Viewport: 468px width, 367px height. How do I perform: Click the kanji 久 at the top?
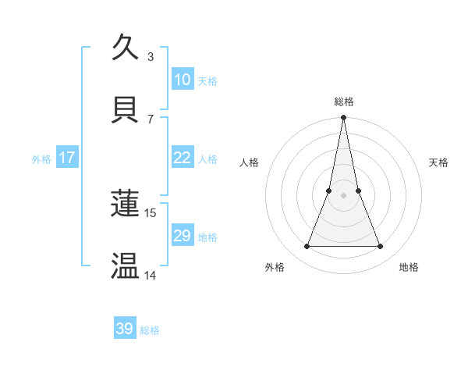[x=126, y=48]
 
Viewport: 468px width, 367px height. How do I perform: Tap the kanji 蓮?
[x=126, y=204]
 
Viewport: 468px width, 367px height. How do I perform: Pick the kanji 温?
[x=126, y=265]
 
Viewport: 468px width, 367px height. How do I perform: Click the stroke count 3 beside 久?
[x=151, y=56]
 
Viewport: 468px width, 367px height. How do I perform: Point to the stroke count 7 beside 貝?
[x=151, y=119]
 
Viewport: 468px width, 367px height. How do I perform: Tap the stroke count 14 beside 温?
[x=151, y=275]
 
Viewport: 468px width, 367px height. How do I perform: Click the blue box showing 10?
[x=182, y=80]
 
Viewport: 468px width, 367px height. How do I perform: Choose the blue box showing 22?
[x=182, y=158]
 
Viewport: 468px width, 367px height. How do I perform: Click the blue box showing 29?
[x=182, y=236]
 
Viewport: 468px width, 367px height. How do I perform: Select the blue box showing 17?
[x=66, y=158]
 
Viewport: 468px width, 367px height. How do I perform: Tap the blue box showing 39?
[x=125, y=329]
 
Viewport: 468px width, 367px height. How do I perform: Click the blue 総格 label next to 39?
[x=151, y=330]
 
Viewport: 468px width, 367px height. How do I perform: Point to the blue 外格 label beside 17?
[x=41, y=159]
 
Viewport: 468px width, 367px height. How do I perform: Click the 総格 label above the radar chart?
[x=343, y=102]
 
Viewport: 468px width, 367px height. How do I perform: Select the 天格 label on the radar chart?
[x=439, y=162]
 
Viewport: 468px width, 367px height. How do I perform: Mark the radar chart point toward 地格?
[x=381, y=247]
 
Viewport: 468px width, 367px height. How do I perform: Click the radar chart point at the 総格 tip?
[x=343, y=118]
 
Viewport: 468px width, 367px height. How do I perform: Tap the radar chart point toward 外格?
[x=307, y=247]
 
